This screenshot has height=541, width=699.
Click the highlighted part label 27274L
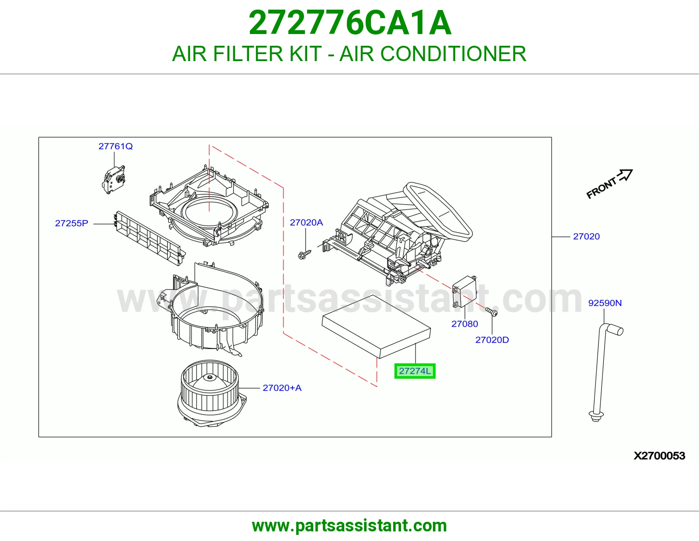pyautogui.click(x=415, y=371)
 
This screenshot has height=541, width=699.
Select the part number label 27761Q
pyautogui.click(x=115, y=147)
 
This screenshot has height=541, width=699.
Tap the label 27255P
pyautogui.click(x=71, y=223)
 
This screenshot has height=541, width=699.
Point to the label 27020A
pyautogui.click(x=306, y=223)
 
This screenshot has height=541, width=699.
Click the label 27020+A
pyautogui.click(x=282, y=388)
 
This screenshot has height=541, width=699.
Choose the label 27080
pyautogui.click(x=464, y=324)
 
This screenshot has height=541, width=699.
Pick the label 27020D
pyautogui.click(x=492, y=340)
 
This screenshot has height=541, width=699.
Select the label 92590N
pyautogui.click(x=605, y=303)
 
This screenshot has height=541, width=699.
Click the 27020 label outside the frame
pyautogui.click(x=586, y=236)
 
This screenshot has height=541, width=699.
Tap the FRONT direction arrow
pyautogui.click(x=625, y=175)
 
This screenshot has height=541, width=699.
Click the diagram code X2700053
pyautogui.click(x=659, y=456)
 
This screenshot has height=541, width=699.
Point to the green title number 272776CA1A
pyautogui.click(x=349, y=23)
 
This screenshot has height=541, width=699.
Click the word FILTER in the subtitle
pyautogui.click(x=248, y=54)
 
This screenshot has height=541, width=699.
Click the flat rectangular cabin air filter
pyautogui.click(x=376, y=326)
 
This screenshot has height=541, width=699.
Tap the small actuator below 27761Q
pyautogui.click(x=114, y=180)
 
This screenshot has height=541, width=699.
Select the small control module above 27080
pyautogui.click(x=464, y=291)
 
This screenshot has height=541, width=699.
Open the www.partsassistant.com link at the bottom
pyautogui.click(x=349, y=526)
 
